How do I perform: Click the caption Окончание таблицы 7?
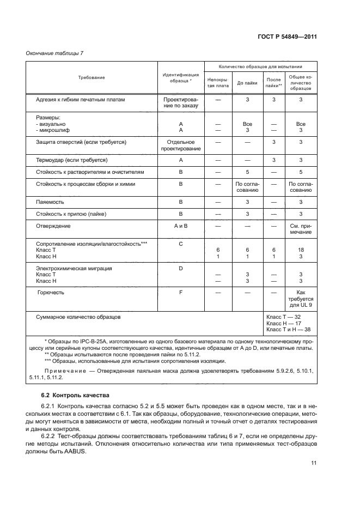coord(54,53)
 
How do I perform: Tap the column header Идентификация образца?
coord(180,77)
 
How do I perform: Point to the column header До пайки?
coord(247,83)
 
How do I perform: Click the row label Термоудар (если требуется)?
coord(71,160)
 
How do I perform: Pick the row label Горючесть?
coord(51,293)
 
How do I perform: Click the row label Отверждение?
coord(53,226)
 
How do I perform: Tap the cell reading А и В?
coord(180,226)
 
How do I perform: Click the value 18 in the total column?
coord(300,250)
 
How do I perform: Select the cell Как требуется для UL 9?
coord(300,299)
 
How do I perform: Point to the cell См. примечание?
coord(300,229)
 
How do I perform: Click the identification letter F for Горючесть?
coord(180,293)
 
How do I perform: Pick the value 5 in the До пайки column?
coord(247,172)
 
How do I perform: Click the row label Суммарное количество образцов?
coord(78,316)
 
